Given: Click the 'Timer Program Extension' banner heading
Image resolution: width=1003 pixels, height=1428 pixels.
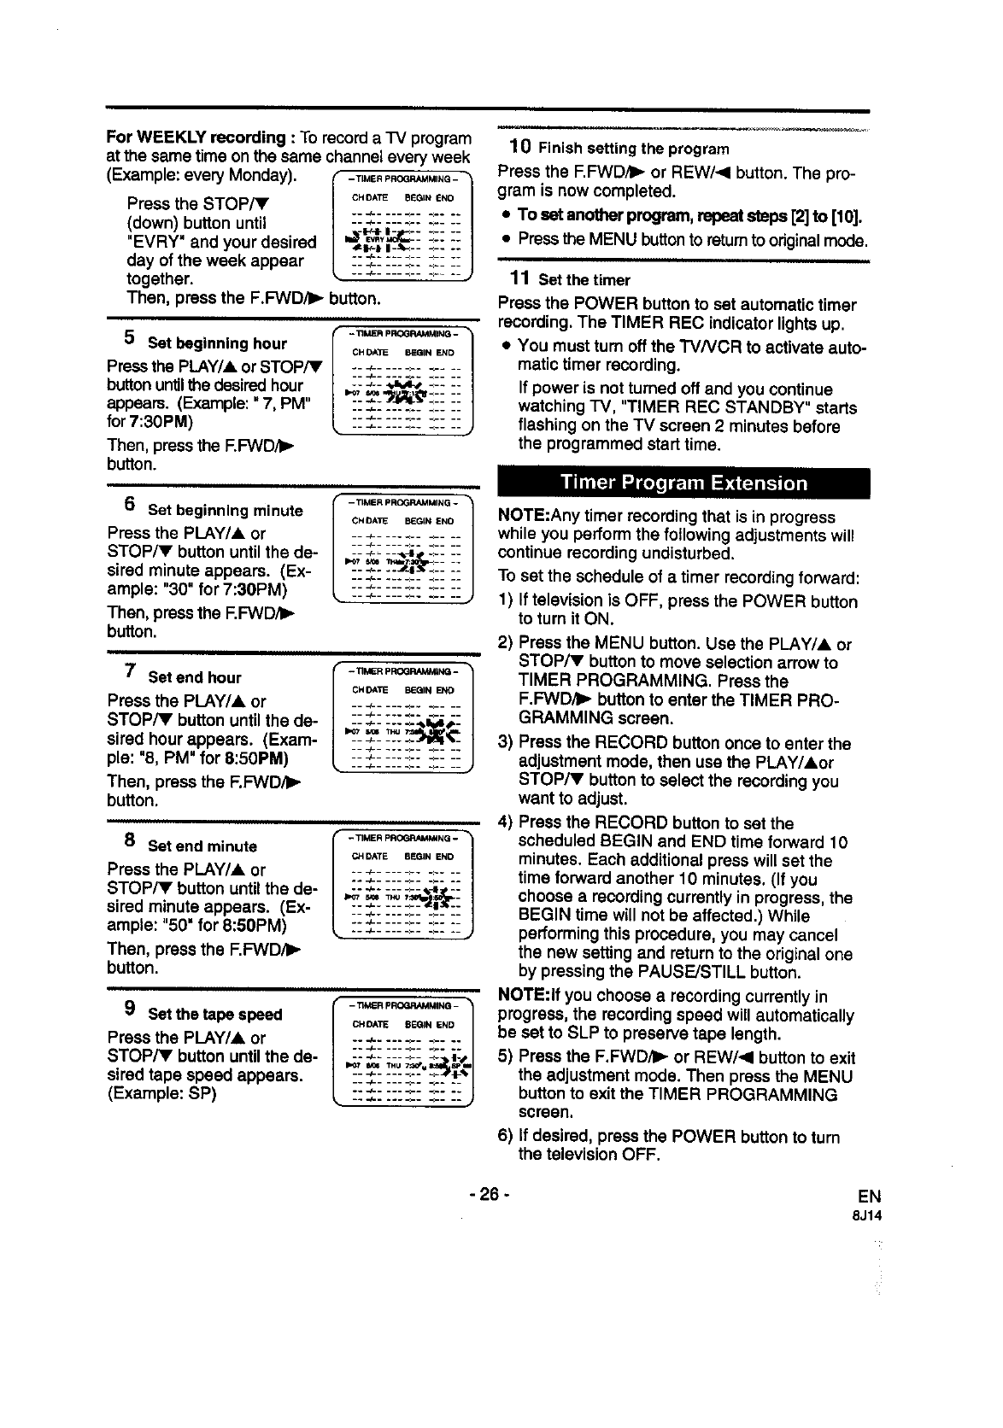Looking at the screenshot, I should coord(683,483).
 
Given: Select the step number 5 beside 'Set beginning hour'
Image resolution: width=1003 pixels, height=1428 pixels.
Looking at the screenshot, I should coord(128,338).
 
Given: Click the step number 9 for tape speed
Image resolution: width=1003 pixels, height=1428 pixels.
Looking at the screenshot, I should coord(128,1009).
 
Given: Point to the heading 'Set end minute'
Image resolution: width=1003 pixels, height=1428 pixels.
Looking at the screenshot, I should coord(202,846).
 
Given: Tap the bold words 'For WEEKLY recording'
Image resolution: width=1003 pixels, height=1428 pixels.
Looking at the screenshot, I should coord(195,138).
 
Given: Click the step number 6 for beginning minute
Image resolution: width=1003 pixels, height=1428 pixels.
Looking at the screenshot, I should coord(128,505).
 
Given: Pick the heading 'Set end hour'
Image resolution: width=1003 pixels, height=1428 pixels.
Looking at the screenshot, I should coord(194,678).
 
